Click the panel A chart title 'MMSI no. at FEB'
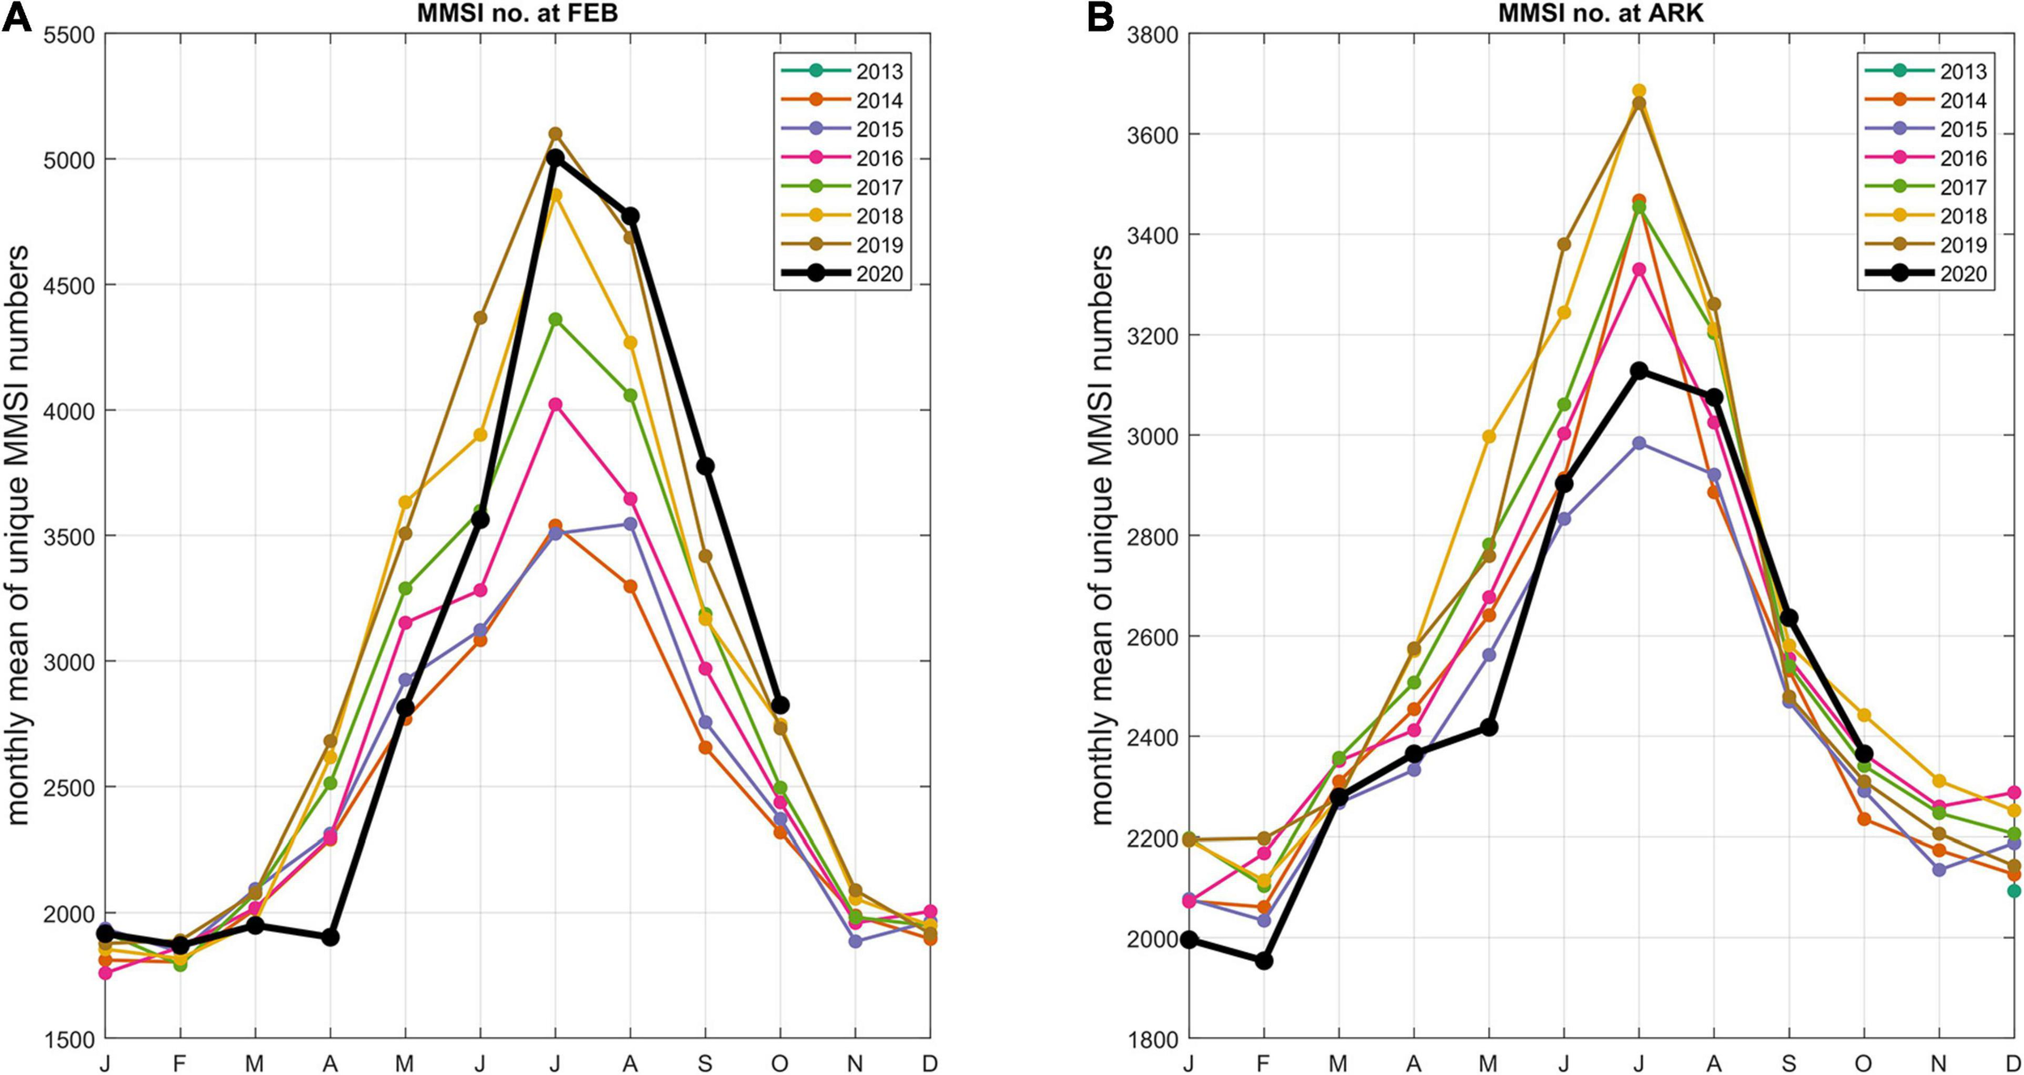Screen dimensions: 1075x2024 click(x=517, y=13)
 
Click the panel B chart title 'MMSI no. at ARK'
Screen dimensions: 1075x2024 click(x=1601, y=13)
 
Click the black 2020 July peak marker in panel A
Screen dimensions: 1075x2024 click(x=555, y=158)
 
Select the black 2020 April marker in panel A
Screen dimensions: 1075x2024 click(x=330, y=937)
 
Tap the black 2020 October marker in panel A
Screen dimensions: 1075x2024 click(x=780, y=706)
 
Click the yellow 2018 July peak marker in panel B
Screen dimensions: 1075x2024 click(x=1639, y=91)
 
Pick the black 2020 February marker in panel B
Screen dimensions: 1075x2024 click(x=1264, y=962)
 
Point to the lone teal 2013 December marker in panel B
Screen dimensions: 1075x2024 click(x=2013, y=891)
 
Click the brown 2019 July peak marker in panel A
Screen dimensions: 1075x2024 click(x=555, y=134)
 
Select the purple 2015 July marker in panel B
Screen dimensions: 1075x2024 click(x=1639, y=444)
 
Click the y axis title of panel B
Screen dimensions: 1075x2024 click(x=1102, y=535)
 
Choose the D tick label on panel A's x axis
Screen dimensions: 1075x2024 click(x=929, y=1063)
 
